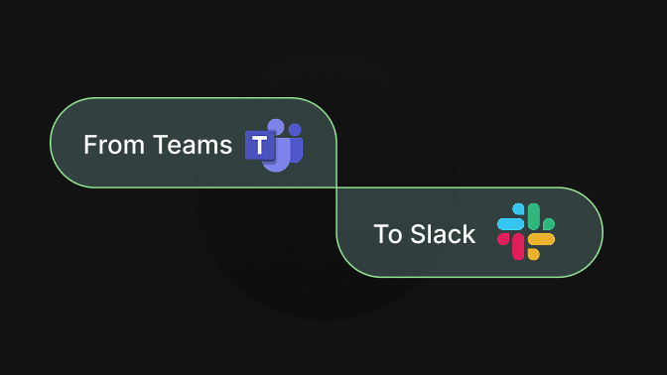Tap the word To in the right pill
(387, 235)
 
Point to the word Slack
(443, 235)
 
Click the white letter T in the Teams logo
(260, 146)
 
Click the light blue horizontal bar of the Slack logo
(510, 224)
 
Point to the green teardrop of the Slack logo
(548, 224)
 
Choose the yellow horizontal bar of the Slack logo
(541, 239)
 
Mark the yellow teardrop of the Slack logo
(533, 254)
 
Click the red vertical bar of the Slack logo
(517, 247)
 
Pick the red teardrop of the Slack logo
(503, 239)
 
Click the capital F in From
(89, 145)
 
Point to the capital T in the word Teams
(159, 145)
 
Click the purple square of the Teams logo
(260, 146)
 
